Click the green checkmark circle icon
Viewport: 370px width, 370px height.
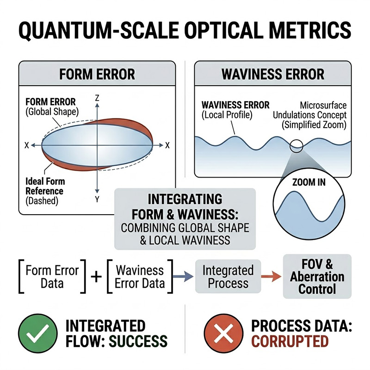coord(37,333)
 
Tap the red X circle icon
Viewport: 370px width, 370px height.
coord(224,333)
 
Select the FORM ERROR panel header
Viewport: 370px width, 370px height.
coord(97,74)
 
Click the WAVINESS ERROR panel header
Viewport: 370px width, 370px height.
coord(273,74)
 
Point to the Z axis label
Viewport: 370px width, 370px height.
coord(97,98)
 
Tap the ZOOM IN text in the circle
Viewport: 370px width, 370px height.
coord(309,182)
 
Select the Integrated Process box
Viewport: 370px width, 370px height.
coord(228,277)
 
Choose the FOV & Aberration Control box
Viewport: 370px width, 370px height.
coord(317,277)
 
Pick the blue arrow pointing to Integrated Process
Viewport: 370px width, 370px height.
coord(184,277)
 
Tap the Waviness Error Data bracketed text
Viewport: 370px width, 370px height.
coord(139,277)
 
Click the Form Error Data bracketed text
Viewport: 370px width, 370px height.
coord(52,277)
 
